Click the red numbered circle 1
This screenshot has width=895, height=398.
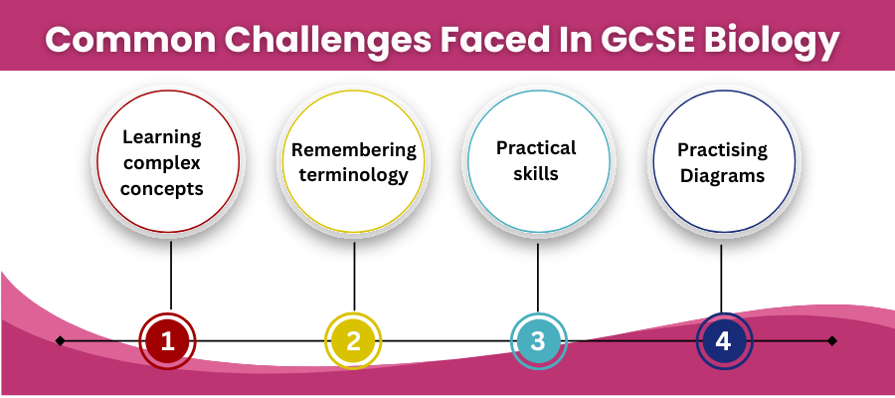click(168, 341)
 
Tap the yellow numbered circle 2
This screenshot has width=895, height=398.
click(354, 341)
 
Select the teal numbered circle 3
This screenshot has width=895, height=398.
click(538, 341)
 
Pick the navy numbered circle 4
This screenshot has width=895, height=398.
click(723, 341)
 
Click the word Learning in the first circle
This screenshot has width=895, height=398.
click(162, 136)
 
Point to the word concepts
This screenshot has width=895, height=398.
click(163, 188)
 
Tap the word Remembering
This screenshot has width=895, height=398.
click(353, 150)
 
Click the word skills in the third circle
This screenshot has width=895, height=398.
click(537, 174)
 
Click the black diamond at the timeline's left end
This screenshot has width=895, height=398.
click(61, 340)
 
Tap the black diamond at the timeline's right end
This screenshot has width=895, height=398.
click(832, 340)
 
